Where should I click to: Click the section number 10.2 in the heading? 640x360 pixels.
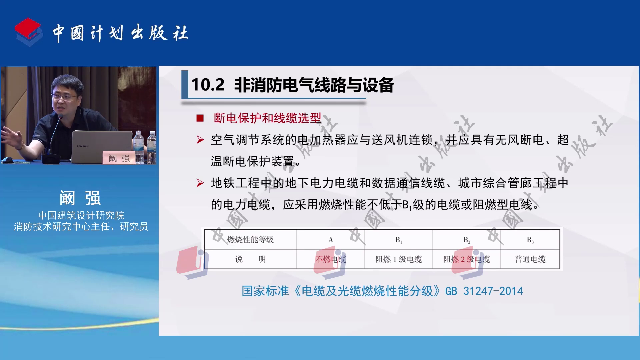pos(208,85)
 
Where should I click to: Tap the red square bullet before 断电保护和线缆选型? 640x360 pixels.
pos(200,118)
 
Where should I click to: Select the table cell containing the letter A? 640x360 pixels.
pos(331,240)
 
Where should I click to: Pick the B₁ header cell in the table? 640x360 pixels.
pos(399,240)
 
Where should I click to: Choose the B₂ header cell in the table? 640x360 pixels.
pos(467,240)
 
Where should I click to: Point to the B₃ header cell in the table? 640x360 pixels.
pos(530,240)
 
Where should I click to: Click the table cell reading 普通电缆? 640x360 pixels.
pos(530,259)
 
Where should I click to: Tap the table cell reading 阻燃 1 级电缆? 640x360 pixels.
pos(399,259)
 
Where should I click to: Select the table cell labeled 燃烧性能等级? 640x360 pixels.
pos(250,240)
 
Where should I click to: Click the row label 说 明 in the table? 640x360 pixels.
pos(250,259)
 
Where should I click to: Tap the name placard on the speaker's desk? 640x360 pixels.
pos(119,158)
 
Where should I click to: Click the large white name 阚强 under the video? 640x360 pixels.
pos(80,198)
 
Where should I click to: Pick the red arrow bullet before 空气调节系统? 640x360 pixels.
pos(200,140)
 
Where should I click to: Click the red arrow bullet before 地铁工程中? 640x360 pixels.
pos(200,183)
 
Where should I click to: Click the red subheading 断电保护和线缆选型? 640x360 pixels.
pos(267,118)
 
